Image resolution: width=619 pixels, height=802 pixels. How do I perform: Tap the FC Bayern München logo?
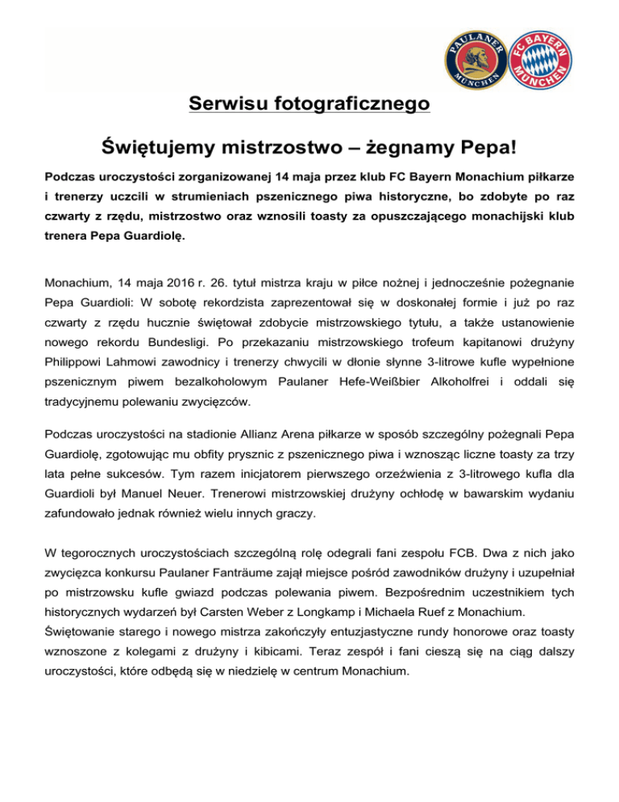tap(546, 61)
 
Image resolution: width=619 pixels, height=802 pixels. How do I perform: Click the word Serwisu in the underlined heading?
tap(232, 104)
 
